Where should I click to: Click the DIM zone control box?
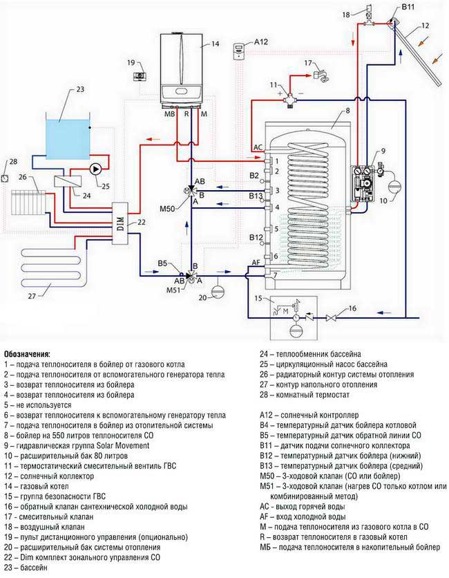[x=122, y=221]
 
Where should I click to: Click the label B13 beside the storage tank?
[x=256, y=196]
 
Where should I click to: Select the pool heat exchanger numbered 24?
[x=68, y=179]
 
